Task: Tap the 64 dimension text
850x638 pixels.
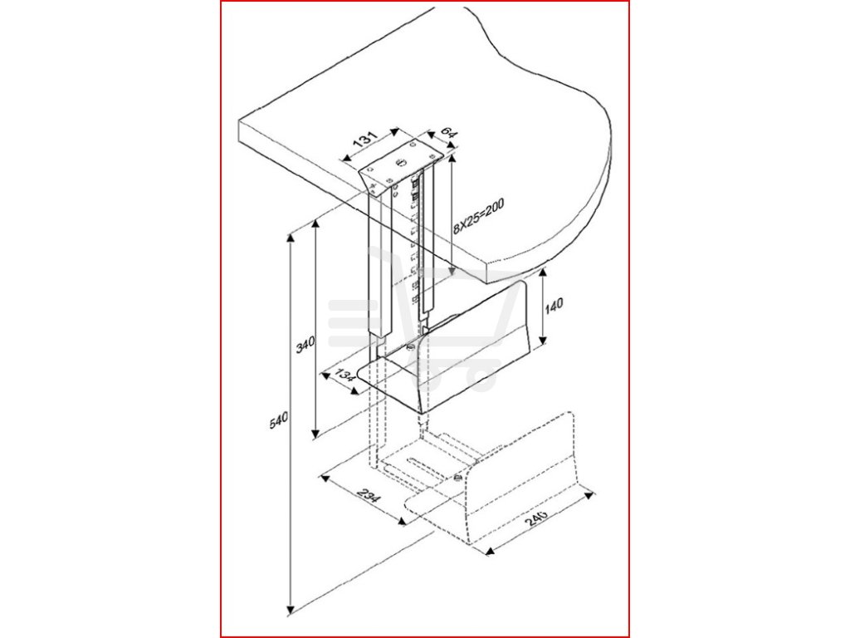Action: [447, 134]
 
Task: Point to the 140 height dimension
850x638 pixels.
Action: [554, 306]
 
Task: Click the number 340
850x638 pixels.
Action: [306, 341]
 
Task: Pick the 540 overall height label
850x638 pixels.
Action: [279, 420]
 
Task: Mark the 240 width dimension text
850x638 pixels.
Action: [536, 519]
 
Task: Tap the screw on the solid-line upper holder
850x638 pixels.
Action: [411, 347]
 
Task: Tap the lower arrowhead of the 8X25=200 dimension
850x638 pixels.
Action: [450, 275]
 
